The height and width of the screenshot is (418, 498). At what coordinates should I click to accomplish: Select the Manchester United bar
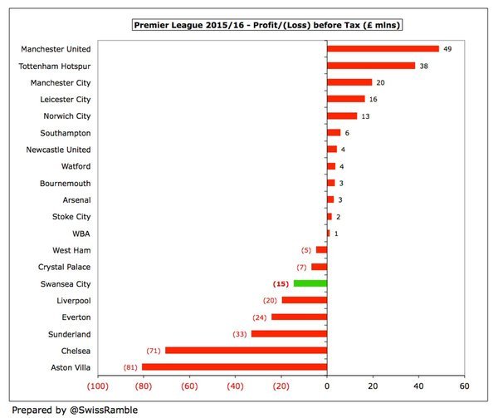383,49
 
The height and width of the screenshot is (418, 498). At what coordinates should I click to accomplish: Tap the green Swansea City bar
310,283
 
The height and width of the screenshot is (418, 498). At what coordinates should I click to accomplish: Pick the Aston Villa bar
234,366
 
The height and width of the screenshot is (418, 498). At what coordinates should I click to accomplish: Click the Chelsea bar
246,350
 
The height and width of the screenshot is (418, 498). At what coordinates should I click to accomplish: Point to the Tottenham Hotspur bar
371,66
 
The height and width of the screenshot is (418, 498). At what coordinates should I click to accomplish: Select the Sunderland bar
289,333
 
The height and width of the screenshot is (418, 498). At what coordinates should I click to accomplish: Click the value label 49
448,49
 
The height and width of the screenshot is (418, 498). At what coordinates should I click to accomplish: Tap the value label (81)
129,366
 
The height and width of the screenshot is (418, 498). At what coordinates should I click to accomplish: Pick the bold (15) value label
282,283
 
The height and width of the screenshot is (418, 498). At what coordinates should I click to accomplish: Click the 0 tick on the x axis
327,386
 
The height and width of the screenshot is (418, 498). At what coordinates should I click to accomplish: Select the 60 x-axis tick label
464,386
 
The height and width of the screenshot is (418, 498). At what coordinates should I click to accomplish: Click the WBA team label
81,233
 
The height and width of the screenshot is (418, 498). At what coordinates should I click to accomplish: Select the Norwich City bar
342,116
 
